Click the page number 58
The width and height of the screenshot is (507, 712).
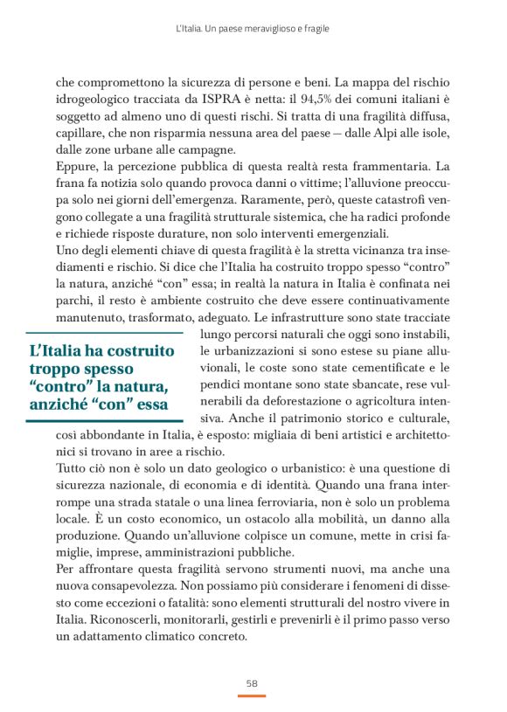coord(252,682)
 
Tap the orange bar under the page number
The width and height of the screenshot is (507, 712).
coord(252,695)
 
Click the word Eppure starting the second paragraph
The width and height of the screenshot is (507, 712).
coord(77,166)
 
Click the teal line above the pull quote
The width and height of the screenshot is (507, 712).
coord(104,333)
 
